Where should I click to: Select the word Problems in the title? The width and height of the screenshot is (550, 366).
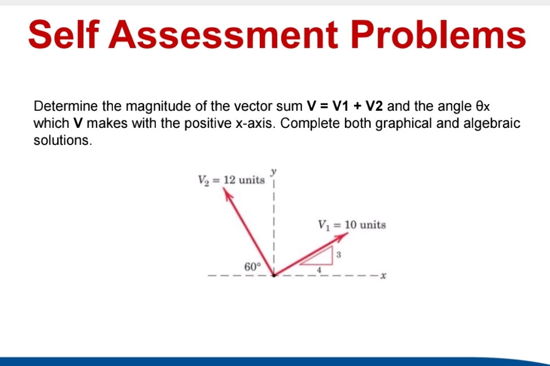[x=438, y=35]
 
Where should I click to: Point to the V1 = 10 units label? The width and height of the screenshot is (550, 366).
[x=352, y=225]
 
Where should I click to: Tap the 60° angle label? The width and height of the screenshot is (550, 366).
[x=252, y=266]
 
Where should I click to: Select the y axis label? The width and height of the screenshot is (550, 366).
[x=274, y=170]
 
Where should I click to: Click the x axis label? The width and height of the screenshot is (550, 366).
[x=383, y=275]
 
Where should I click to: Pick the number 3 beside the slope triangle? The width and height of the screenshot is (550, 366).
[x=338, y=255]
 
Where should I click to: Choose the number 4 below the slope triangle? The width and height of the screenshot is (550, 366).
[x=320, y=270]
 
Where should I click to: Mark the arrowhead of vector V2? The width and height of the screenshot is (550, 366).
[x=227, y=193]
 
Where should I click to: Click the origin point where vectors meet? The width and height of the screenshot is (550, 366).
[x=274, y=275]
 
